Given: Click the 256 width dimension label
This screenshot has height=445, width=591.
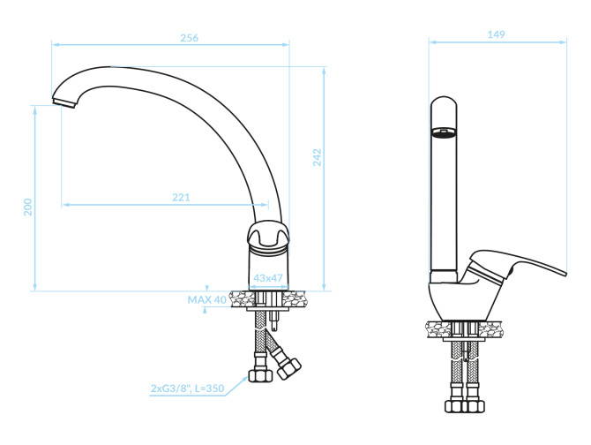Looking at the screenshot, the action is (x=190, y=38).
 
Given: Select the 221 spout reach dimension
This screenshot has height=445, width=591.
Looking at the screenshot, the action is (x=182, y=197).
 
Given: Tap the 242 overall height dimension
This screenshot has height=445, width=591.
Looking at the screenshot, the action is (x=318, y=157).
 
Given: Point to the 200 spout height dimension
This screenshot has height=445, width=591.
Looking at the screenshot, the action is (x=28, y=207).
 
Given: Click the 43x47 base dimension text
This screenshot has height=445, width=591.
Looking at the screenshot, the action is (x=268, y=278).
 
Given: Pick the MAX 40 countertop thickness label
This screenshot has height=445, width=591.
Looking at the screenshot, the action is (x=207, y=300).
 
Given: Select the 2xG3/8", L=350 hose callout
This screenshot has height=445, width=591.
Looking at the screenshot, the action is (x=187, y=388).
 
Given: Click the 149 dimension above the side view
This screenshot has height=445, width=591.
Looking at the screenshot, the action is (x=496, y=34).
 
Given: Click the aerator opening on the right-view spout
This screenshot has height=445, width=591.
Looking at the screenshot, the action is (x=444, y=132).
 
